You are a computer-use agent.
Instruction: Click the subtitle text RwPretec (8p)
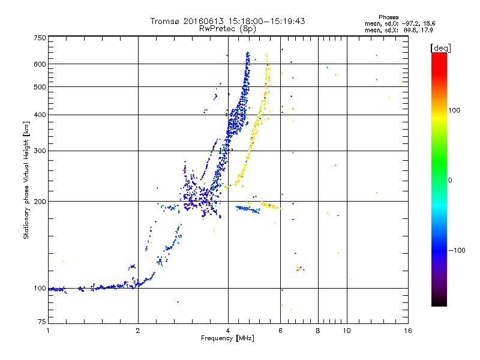(x=227, y=29)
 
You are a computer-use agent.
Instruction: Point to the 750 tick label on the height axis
(x=40, y=38)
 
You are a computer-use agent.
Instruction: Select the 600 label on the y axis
(x=40, y=64)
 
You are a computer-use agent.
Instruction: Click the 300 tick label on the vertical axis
(x=40, y=151)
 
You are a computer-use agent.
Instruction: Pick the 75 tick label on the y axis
(x=42, y=322)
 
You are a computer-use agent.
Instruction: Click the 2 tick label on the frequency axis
(x=138, y=331)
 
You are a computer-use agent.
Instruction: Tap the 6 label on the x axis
(x=280, y=331)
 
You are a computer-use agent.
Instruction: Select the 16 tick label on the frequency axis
(x=408, y=331)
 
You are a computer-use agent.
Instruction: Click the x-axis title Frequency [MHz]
(x=227, y=338)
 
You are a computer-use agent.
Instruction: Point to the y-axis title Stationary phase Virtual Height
(x=26, y=189)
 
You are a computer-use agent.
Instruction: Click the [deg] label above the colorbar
(x=440, y=48)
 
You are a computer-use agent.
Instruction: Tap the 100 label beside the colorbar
(x=454, y=110)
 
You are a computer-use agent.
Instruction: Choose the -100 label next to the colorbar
(x=457, y=250)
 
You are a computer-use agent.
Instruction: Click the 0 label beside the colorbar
(x=449, y=180)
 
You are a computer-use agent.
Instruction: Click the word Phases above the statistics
(x=388, y=17)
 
